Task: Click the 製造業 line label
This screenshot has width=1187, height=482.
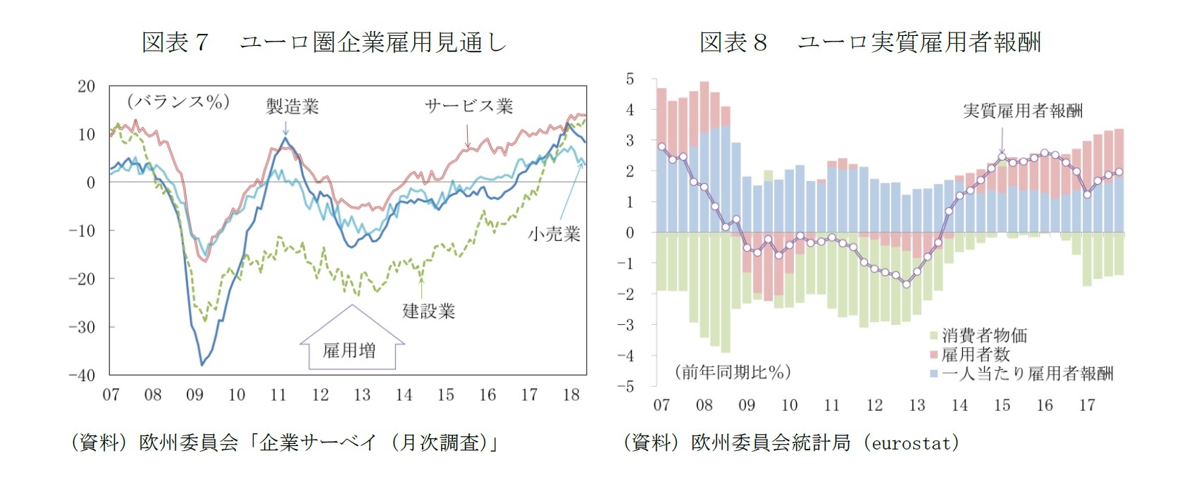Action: (x=292, y=106)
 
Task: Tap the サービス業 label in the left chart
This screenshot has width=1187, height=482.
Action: (x=468, y=106)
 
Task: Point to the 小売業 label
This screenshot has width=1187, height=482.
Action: (x=554, y=235)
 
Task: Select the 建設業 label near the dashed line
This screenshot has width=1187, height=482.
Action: (x=428, y=311)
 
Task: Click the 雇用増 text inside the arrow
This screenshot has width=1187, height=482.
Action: (x=349, y=350)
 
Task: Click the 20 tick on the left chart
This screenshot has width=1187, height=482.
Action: (x=86, y=87)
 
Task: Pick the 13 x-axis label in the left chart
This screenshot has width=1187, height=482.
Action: (x=361, y=395)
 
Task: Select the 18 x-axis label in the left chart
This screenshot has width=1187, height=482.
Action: (x=571, y=395)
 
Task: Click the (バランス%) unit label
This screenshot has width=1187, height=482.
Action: (x=178, y=102)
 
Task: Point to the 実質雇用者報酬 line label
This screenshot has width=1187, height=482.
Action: (x=1022, y=111)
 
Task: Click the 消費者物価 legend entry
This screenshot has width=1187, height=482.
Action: (x=984, y=335)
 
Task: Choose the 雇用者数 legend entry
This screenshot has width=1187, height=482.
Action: (x=976, y=354)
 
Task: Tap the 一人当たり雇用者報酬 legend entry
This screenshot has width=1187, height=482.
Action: (x=1027, y=373)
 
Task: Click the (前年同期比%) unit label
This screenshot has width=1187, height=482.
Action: (x=733, y=372)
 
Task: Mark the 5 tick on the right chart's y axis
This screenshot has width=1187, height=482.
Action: (x=630, y=79)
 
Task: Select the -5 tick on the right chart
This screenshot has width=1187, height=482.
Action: (x=626, y=386)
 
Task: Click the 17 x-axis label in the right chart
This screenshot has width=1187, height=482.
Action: (x=1087, y=405)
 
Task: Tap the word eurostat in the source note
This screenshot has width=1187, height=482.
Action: (x=914, y=443)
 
